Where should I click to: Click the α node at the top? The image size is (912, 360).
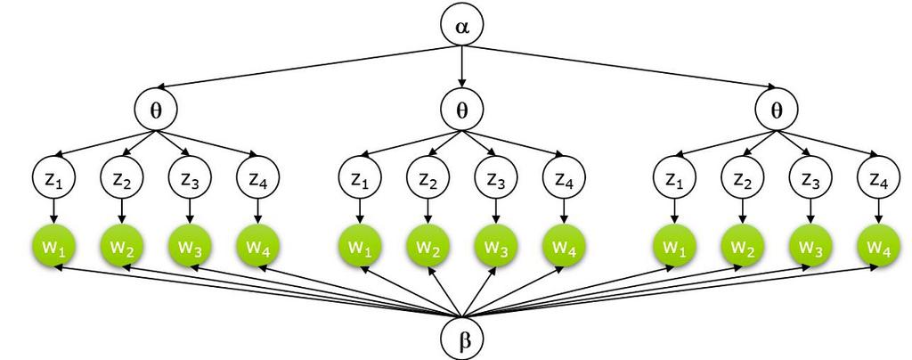click(x=461, y=26)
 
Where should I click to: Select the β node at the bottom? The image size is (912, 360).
click(x=461, y=340)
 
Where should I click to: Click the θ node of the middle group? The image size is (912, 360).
click(x=461, y=110)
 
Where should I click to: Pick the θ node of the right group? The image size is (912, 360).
click(x=776, y=110)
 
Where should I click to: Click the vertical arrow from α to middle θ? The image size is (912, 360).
click(x=461, y=67)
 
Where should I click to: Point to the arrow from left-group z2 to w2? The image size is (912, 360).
click(x=122, y=212)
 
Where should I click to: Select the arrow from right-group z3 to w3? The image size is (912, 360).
click(x=810, y=212)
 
